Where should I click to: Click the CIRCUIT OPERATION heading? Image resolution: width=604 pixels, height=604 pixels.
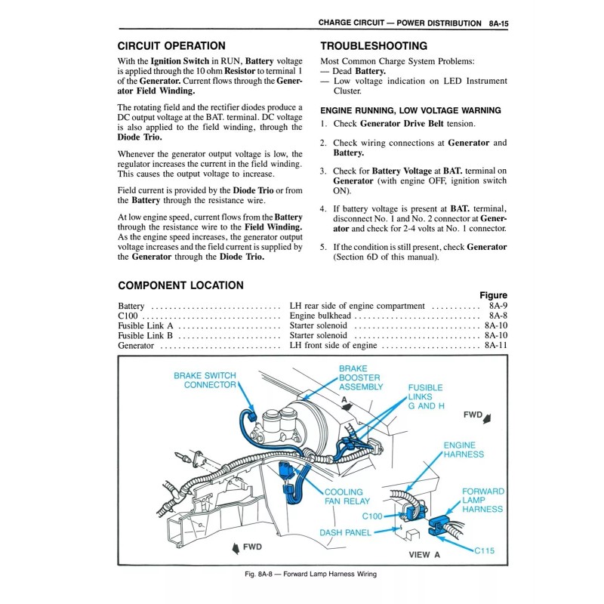click(x=171, y=46)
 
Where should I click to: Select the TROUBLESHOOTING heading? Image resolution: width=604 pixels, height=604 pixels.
click(x=374, y=46)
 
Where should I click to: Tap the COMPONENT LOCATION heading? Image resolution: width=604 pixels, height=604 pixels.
click(x=180, y=285)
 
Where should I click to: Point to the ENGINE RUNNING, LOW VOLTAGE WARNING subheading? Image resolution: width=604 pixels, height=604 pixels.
click(x=400, y=109)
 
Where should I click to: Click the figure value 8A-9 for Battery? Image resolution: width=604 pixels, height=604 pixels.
click(x=498, y=306)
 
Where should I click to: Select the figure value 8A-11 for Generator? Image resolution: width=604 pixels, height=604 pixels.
click(x=495, y=345)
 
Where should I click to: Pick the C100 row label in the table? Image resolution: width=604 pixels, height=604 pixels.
click(x=128, y=316)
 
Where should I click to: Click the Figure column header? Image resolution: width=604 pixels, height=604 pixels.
click(x=493, y=295)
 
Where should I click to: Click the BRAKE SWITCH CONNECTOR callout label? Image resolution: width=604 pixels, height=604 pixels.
click(x=205, y=380)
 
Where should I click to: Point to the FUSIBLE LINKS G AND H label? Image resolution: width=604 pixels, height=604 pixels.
click(x=426, y=396)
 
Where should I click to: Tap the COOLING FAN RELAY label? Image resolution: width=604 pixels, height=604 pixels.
click(x=347, y=496)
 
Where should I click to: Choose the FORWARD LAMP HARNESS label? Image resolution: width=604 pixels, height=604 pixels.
click(x=482, y=500)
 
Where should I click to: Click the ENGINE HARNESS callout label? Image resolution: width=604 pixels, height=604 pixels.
click(x=464, y=450)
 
